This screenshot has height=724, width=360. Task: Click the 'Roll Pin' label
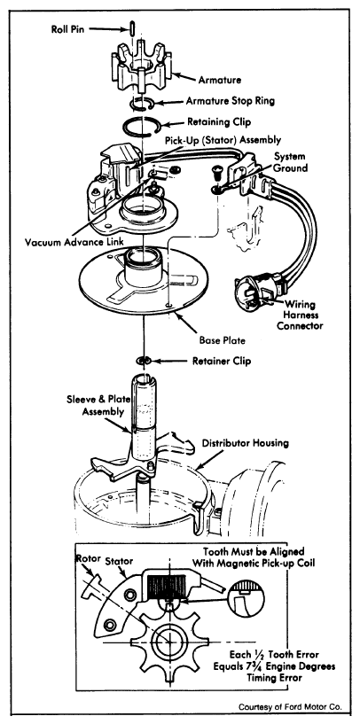pos(68,29)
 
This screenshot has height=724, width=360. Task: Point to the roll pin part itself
pos(132,27)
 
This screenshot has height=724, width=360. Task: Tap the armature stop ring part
pos(144,105)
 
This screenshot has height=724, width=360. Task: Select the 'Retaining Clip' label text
pos(220,122)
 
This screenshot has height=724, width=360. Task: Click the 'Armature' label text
pos(220,80)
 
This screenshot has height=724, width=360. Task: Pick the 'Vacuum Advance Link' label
pos(76,242)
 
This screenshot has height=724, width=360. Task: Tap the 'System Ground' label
pos(289,161)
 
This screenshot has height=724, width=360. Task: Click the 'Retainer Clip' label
pos(222,361)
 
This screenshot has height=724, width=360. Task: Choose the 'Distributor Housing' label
pos(245,443)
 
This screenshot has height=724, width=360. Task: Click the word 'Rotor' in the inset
pos(88,558)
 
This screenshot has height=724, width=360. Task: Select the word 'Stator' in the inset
pos(119,561)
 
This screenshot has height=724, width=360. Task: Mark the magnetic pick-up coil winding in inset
pos(167,585)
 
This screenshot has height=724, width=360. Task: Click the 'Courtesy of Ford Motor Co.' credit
pos(290,707)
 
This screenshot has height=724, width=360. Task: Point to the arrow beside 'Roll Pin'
pos(107,29)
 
